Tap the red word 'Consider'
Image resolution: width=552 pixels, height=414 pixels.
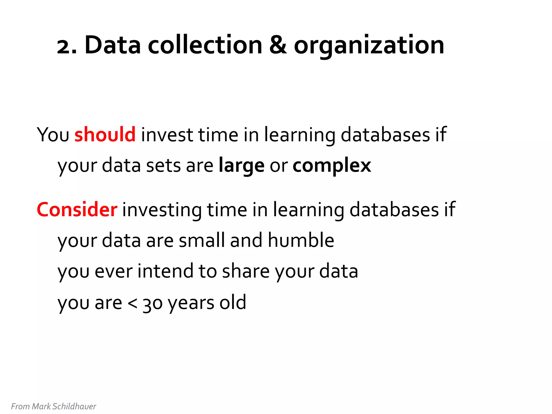click(x=77, y=209)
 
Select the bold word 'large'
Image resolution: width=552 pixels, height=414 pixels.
click(x=241, y=165)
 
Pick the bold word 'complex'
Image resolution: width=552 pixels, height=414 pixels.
click(x=332, y=165)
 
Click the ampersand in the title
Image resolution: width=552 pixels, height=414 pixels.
click(x=278, y=45)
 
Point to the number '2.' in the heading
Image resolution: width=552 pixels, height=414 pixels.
click(x=67, y=46)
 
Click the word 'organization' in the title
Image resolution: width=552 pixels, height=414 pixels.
click(x=369, y=46)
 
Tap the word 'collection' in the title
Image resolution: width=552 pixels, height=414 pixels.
click(x=205, y=45)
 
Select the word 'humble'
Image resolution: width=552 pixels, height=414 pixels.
click(x=301, y=240)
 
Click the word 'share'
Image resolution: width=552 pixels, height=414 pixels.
click(x=246, y=271)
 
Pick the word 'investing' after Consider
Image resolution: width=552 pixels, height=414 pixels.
click(x=162, y=209)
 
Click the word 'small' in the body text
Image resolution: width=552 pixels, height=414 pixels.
click(x=202, y=240)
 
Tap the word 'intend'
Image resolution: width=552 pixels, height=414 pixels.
click(x=165, y=271)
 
